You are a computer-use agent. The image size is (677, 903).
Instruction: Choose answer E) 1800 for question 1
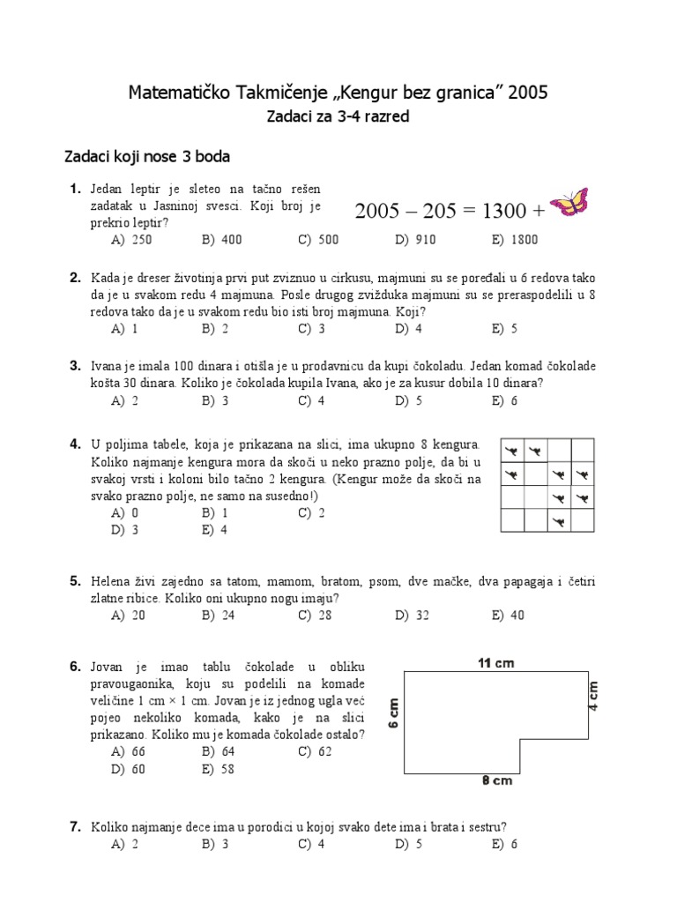pyautogui.click(x=515, y=240)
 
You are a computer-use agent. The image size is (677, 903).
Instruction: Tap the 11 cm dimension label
pyautogui.click(x=495, y=663)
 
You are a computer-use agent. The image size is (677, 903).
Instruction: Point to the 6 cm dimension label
pyautogui.click(x=394, y=713)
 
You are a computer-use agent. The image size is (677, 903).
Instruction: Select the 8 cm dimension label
pyautogui.click(x=497, y=780)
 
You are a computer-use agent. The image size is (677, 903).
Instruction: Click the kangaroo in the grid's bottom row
pyautogui.click(x=558, y=524)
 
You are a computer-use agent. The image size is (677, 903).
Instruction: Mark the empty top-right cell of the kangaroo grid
pyautogui.click(x=582, y=451)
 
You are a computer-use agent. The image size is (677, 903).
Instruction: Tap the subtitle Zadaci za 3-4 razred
pyautogui.click(x=338, y=117)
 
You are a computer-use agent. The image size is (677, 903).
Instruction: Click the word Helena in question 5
pyautogui.click(x=112, y=581)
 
